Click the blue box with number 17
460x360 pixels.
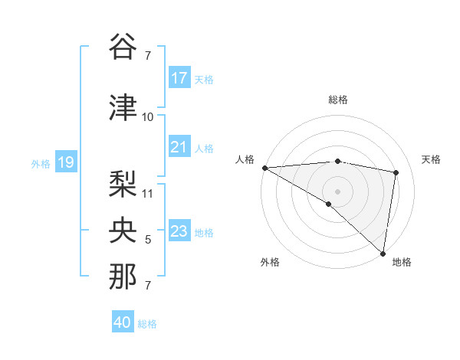[x=179, y=78]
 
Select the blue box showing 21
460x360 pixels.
[x=179, y=147]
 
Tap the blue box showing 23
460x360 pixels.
[x=179, y=231]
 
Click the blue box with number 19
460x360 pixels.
[x=65, y=162]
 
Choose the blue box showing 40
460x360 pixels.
[x=123, y=322]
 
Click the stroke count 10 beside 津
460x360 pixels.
[x=148, y=117]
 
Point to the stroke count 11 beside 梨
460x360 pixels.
[x=148, y=194]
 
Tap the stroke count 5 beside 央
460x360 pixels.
[x=148, y=241]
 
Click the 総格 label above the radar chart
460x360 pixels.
[x=337, y=100]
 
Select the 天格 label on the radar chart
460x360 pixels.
[x=431, y=159]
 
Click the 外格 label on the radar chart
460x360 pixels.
[x=269, y=263]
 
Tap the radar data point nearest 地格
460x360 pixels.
[x=383, y=253]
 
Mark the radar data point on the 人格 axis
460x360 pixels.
[x=264, y=168]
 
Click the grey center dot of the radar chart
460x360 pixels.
[x=337, y=190]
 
